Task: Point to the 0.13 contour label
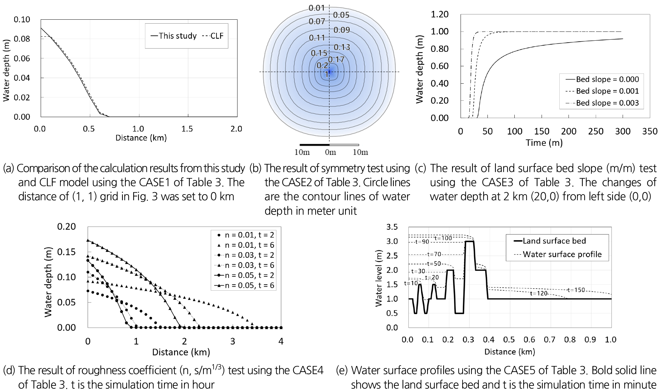coord(342,47)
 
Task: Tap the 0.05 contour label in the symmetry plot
coord(341,15)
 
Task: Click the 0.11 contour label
coord(317,38)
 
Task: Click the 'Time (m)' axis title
coord(544,143)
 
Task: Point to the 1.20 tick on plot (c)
coord(440,14)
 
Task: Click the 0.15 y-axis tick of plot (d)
coord(67,252)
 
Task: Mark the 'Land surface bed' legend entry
coord(554,241)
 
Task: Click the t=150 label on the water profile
coord(576,290)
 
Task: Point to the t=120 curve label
coord(539,294)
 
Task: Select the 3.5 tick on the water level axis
coord(392,227)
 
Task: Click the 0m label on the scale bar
coord(330,152)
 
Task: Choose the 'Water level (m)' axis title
coord(379,278)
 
